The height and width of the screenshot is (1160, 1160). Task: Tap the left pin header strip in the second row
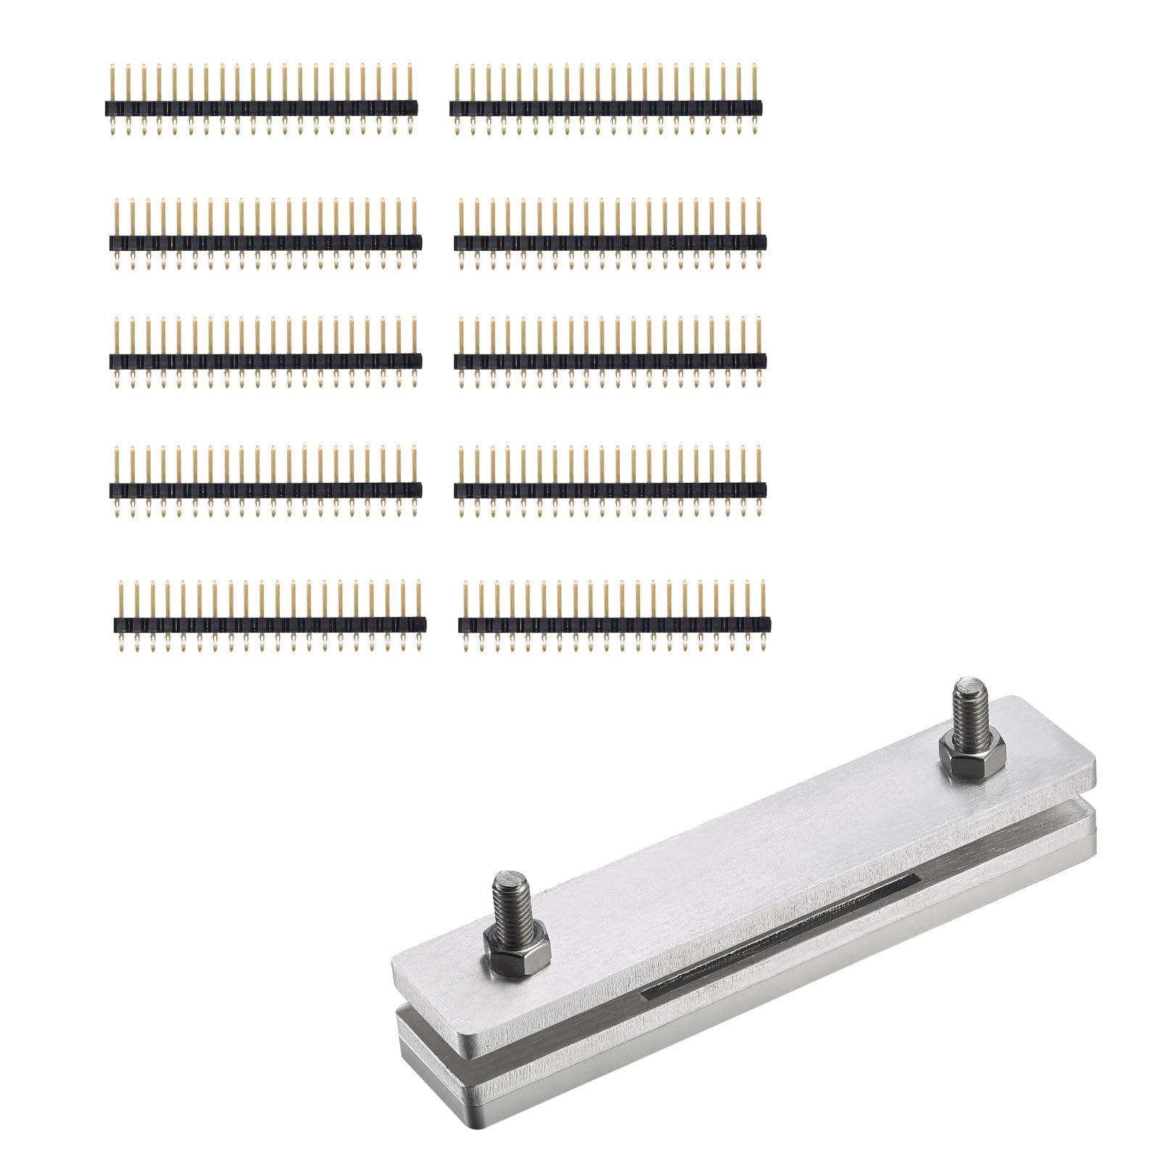tap(265, 242)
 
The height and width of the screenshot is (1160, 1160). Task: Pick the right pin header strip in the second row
tap(610, 242)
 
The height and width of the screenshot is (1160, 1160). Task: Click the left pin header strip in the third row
tap(265, 360)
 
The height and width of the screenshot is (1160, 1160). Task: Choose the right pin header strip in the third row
tap(610, 360)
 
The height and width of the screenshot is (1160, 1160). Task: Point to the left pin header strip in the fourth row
tap(265, 490)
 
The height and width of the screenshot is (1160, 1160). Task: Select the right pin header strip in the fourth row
tap(610, 490)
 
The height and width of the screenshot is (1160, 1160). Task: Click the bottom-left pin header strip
tap(270, 623)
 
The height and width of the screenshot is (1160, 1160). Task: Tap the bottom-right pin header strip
tap(615, 623)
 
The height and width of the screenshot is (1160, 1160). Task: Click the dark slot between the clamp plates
tap(779, 935)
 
